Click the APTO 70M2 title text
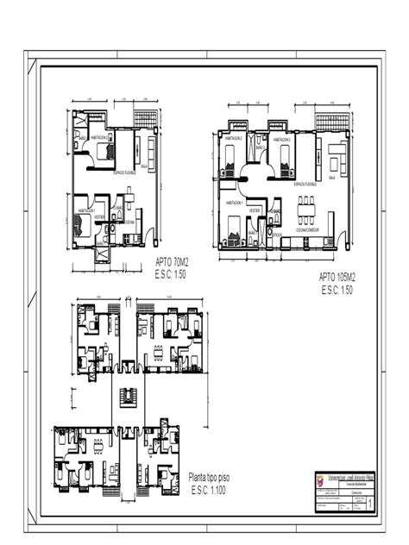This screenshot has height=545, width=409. coord(172,261)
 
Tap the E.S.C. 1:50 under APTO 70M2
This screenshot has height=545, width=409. coord(170,273)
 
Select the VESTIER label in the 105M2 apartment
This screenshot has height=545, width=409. coord(255,210)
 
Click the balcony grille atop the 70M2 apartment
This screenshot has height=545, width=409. coord(146,118)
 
